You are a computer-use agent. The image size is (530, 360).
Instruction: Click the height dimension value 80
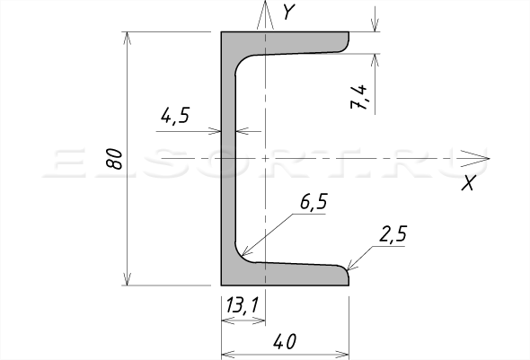click(114, 159)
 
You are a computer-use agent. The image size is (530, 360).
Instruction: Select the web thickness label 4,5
click(175, 116)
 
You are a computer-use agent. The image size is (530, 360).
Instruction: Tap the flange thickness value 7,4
click(358, 97)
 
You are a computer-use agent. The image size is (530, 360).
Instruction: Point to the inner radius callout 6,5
click(314, 202)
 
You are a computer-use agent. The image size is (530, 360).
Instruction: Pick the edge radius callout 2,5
click(393, 234)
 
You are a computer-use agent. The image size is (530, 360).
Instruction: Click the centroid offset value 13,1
click(242, 305)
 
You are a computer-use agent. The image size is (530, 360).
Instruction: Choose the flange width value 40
click(285, 341)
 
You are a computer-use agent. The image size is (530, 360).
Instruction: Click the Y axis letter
click(289, 12)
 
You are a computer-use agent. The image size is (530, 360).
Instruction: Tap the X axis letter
click(469, 183)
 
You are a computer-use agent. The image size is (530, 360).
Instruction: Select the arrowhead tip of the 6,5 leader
click(243, 256)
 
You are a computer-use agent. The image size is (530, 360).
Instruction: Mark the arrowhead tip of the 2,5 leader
click(347, 270)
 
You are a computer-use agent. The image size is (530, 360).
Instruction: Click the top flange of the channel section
click(291, 43)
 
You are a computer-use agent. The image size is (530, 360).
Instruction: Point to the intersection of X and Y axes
click(265, 158)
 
